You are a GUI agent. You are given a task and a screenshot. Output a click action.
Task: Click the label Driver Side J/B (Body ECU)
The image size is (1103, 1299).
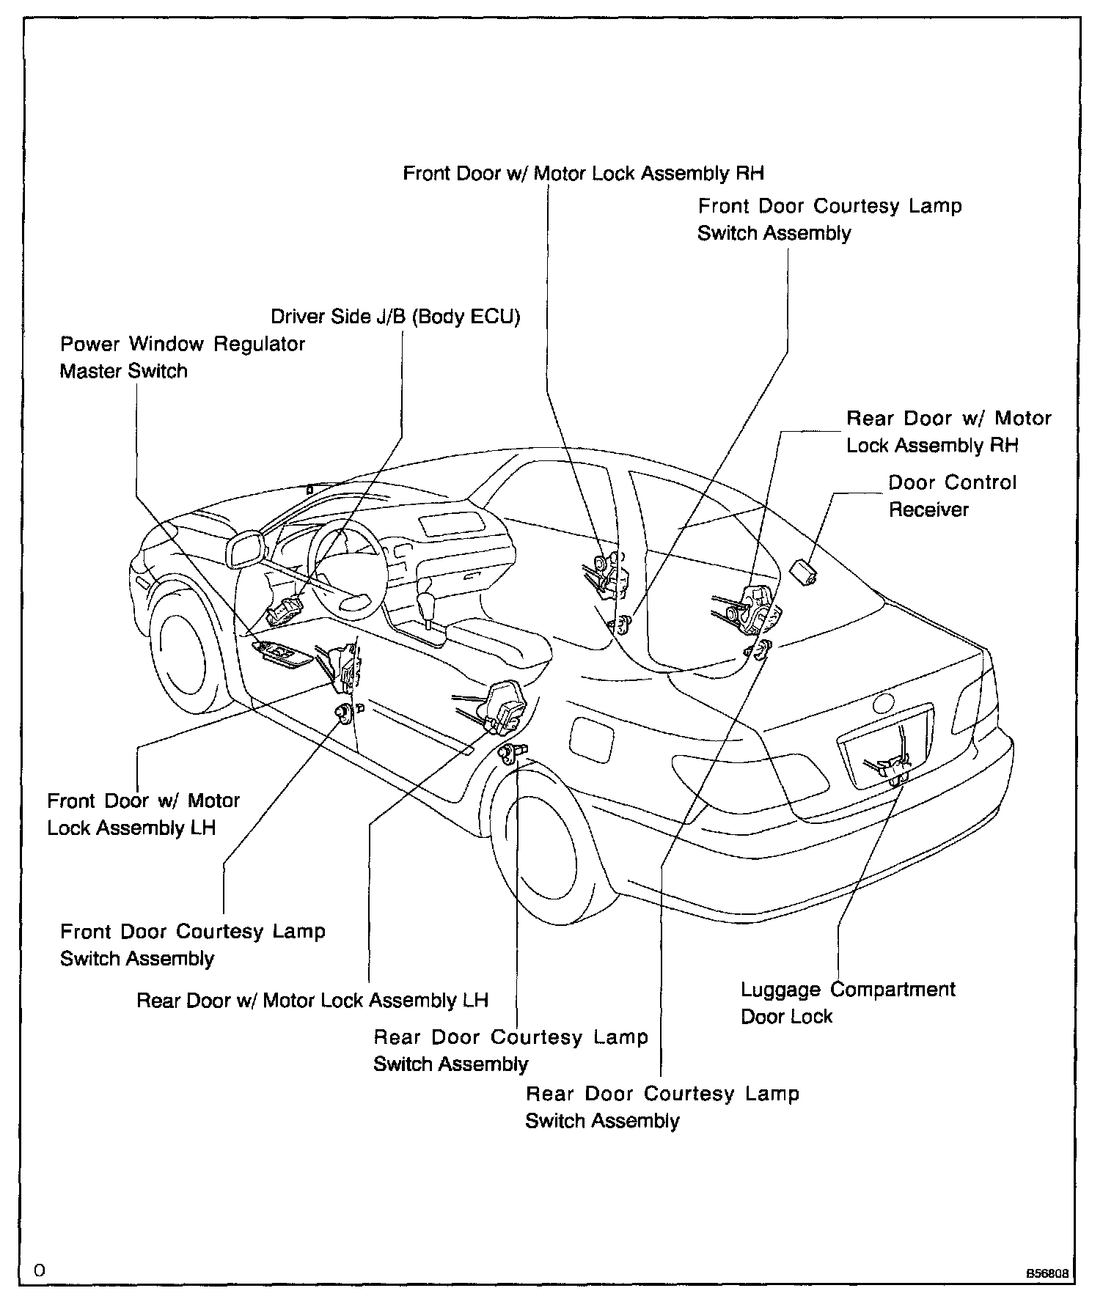395,317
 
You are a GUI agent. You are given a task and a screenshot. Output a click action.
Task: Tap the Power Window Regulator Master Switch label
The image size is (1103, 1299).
182,357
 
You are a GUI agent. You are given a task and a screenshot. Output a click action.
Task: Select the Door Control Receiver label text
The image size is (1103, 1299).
952,496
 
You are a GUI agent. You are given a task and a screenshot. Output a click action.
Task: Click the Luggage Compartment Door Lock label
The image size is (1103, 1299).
847,1003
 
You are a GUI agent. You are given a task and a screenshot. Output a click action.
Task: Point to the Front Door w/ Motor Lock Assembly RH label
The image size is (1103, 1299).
584,173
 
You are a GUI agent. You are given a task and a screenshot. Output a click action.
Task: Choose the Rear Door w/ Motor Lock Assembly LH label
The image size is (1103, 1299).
312,1000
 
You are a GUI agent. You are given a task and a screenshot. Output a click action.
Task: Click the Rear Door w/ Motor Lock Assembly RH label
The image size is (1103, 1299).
948,432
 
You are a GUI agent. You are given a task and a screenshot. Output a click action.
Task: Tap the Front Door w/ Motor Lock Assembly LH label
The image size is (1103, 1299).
143,814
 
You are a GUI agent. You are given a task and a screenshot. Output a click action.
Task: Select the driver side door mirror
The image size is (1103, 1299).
246,549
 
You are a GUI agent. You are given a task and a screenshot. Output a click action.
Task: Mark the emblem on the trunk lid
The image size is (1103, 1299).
884,703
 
